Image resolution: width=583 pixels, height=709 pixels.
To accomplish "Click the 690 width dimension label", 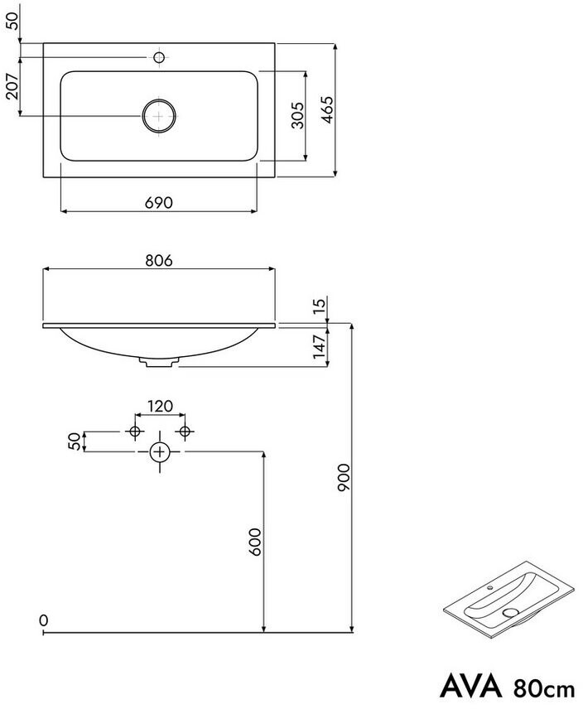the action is tap(159, 203).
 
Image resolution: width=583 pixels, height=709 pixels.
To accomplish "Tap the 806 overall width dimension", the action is tap(159, 260).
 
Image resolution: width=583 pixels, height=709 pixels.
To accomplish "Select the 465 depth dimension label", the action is tap(326, 109).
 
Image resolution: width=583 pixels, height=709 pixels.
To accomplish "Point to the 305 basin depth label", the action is tap(297, 115).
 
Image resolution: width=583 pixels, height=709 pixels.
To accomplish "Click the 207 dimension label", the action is tap(12, 86).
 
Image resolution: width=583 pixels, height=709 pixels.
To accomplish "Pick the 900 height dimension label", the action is tap(344, 477).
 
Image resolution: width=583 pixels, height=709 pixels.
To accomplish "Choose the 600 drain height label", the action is tap(255, 542).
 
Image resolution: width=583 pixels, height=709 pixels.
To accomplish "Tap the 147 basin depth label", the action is tap(320, 347).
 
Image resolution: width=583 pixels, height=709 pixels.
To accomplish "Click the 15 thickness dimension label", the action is tap(319, 303).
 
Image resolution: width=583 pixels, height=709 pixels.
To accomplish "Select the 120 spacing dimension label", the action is tap(161, 406).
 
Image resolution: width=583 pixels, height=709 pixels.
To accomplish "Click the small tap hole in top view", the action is tap(159, 57).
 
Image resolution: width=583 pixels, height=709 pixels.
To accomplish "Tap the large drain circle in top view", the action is tap(159, 116).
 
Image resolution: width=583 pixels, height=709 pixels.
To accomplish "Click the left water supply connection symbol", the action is tap(135, 432).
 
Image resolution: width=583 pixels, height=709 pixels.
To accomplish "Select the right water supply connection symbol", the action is tap(185, 432).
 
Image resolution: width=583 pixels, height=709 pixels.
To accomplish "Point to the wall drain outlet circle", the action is tap(159, 451).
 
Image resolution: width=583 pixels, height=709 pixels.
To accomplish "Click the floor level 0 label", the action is tap(43, 620).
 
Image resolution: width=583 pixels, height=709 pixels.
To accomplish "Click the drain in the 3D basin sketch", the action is tap(511, 613).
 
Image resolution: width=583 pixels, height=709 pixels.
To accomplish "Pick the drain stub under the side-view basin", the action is tap(159, 362).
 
